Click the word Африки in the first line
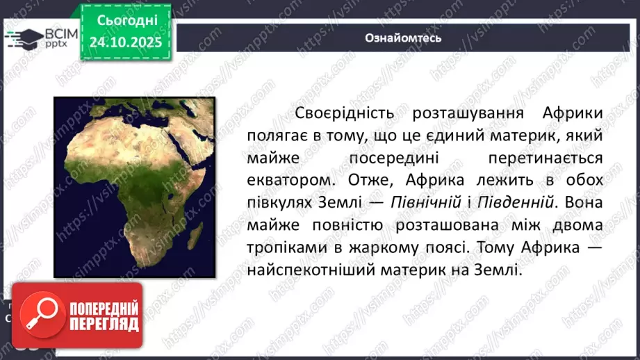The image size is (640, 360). click(x=564, y=113)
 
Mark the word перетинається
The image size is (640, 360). click(x=545, y=158)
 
